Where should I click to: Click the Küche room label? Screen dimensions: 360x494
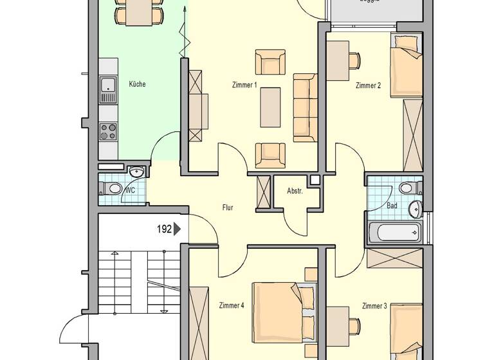point(137,84)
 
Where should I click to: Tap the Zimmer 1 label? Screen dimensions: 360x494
point(244,85)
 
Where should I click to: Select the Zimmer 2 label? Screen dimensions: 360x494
point(368,85)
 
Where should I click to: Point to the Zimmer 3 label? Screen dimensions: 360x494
point(374,306)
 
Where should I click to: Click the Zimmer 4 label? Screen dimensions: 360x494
point(232,305)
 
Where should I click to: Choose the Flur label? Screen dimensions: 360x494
point(227,208)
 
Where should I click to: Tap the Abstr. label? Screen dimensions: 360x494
point(295,191)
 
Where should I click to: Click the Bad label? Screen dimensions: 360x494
point(392,206)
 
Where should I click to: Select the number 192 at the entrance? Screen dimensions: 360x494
point(164,228)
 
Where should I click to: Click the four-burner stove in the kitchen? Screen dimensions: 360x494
point(108,132)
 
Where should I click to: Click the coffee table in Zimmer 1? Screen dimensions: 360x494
point(270,107)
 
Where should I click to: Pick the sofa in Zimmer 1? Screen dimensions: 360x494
point(305,107)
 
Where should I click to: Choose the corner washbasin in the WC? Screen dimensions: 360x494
point(136,172)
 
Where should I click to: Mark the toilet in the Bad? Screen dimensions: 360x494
point(407,188)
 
